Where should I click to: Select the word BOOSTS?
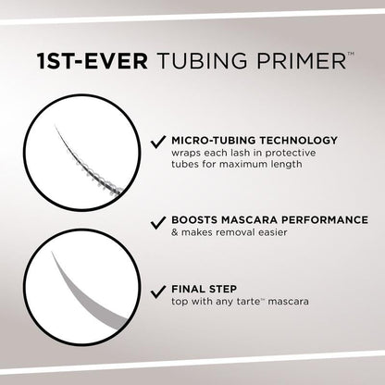(x=194, y=221)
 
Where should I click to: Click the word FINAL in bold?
(x=188, y=288)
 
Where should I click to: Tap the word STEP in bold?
(x=226, y=288)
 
